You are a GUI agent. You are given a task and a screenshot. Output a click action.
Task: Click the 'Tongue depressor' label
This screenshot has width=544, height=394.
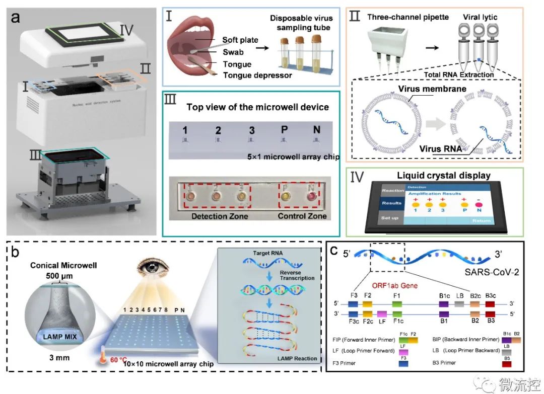(251, 75)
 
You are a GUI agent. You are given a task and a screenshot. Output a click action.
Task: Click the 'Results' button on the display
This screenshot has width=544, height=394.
(392, 203)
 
